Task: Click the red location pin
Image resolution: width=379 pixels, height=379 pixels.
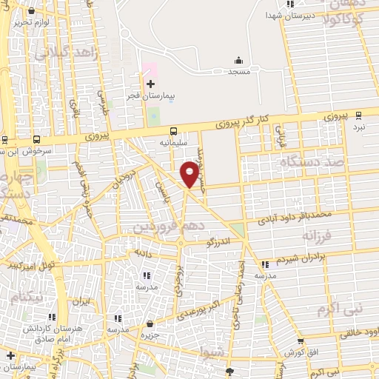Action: [x=189, y=175]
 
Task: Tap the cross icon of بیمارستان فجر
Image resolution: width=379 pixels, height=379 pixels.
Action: [x=150, y=84]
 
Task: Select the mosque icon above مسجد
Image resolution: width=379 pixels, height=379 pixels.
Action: [x=238, y=61]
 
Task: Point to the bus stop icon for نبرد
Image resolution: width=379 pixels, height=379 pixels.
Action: [x=359, y=115]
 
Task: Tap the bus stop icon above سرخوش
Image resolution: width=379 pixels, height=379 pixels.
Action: [x=37, y=138]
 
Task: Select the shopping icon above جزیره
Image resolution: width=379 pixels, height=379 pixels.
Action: [x=150, y=323]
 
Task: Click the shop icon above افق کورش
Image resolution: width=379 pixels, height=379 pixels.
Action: [x=301, y=341]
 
